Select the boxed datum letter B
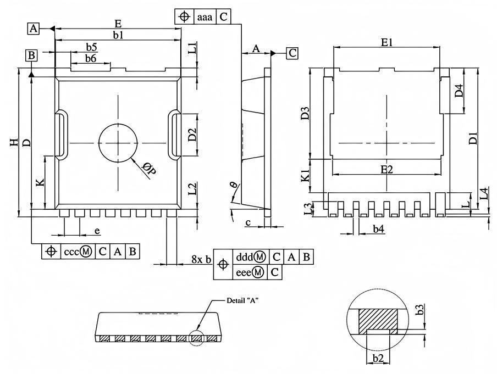[x=32, y=55]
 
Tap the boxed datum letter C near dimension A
[x=292, y=53]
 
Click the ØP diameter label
[x=149, y=169]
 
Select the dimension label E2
[x=386, y=170]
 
